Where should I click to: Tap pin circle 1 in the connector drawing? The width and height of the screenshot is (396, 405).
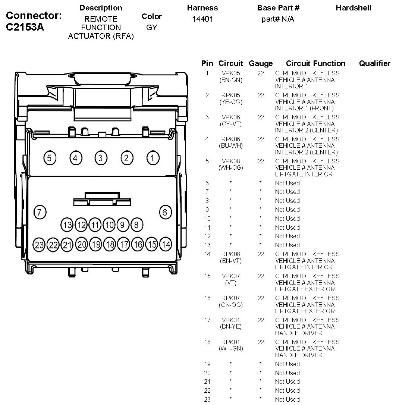point(152,158)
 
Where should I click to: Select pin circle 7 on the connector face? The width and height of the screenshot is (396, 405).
point(40,212)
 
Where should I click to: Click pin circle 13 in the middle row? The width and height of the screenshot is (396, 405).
point(67,225)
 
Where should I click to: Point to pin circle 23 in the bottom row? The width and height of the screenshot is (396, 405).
point(39,245)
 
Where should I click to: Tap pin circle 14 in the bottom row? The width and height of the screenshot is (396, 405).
point(166,245)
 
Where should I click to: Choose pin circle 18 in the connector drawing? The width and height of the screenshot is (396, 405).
point(110,245)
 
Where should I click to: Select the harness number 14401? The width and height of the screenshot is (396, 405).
point(202,19)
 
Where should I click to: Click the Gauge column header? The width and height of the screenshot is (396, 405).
point(261,63)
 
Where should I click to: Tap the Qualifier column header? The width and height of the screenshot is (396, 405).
point(374,63)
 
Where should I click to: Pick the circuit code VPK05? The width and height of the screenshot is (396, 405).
point(231,73)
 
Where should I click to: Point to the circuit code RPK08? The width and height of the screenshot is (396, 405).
point(231,254)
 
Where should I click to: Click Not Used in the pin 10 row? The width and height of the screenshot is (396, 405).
point(287,219)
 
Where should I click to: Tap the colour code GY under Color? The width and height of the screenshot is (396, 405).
point(152,28)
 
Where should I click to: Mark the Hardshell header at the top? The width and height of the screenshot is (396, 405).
point(353,8)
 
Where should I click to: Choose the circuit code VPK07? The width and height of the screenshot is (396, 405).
point(231,276)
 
